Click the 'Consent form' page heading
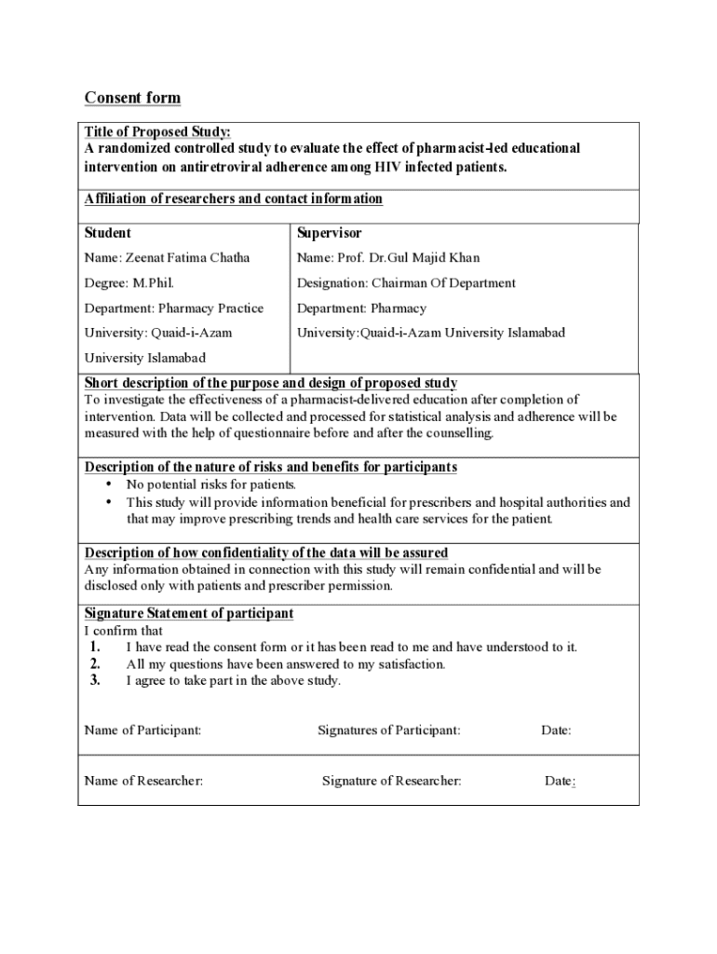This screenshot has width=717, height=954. (x=132, y=98)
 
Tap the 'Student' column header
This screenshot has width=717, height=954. (x=108, y=233)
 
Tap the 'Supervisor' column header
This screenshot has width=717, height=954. (x=329, y=233)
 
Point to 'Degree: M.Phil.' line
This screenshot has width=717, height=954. (x=129, y=283)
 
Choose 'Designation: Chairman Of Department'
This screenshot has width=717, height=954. (x=406, y=283)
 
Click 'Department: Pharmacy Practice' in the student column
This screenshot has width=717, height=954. (x=174, y=308)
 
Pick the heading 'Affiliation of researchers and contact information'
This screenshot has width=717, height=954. (x=233, y=199)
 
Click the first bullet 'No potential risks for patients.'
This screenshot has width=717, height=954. (x=211, y=484)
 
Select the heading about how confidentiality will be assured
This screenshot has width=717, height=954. (x=266, y=552)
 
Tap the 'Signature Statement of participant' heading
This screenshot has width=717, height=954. (x=189, y=613)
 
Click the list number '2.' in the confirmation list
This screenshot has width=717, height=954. (x=95, y=664)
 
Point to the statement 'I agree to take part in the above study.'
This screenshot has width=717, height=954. (x=234, y=681)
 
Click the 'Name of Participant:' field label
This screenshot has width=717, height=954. (x=142, y=730)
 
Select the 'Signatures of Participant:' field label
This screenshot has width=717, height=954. (x=388, y=730)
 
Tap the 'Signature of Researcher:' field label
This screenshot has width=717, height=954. (x=391, y=781)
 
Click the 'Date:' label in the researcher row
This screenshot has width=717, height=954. (x=559, y=781)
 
